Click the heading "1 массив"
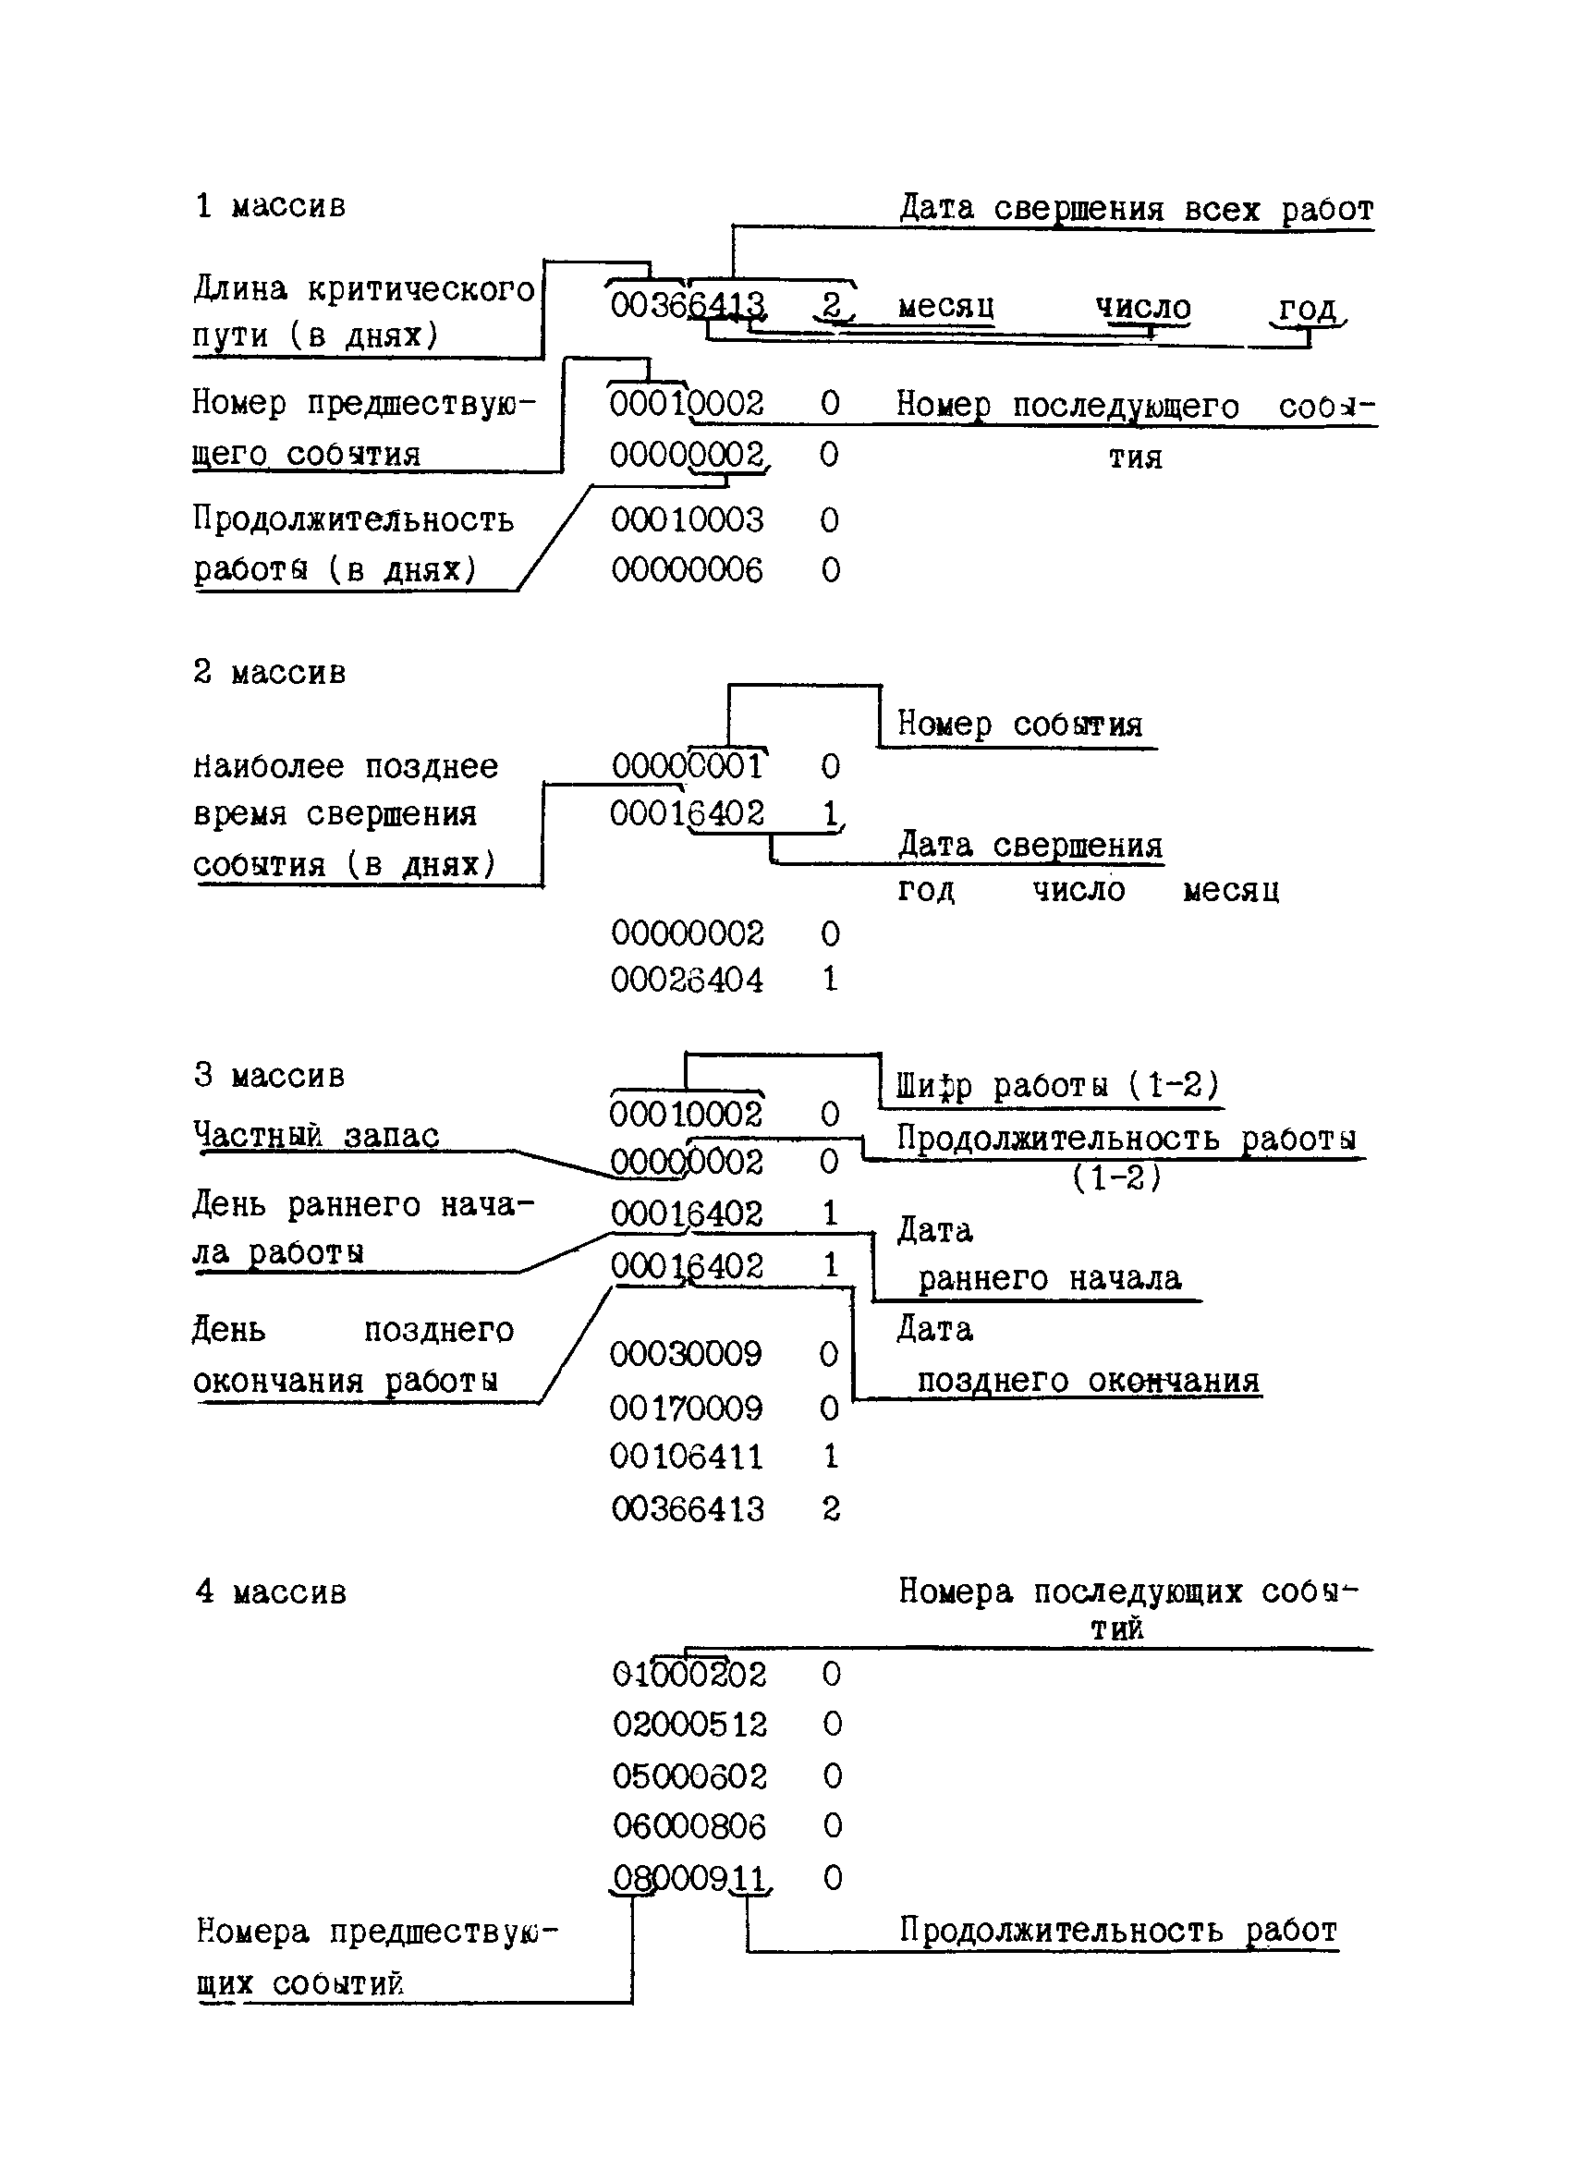coord(270,206)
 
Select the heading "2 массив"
coord(269,672)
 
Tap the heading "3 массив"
coord(269,1075)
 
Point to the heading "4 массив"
coord(271,1592)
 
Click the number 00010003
coord(687,519)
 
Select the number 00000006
coord(687,570)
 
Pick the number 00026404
coord(687,980)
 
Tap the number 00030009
coord(686,1354)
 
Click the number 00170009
coord(686,1409)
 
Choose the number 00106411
coord(686,1457)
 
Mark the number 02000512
coord(689,1724)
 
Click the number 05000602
coord(689,1775)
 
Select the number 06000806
coord(689,1826)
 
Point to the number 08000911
coord(689,1878)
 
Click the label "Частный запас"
coord(316,1136)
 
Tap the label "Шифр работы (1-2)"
coord(1058,1086)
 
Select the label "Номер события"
coord(1019,724)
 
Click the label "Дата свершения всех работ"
coord(1136,209)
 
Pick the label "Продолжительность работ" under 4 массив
coord(1117,1930)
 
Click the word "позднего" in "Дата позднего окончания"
coord(992,1381)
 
